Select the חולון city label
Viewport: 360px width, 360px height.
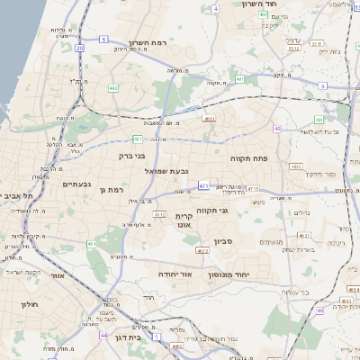(x=28, y=305)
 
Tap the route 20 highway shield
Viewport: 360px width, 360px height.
(x=79, y=48)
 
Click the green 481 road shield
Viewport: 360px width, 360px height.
(x=138, y=139)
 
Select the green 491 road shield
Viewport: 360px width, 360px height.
(x=239, y=79)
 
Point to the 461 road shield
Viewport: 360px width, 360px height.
(x=92, y=244)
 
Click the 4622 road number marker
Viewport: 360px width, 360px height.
(x=202, y=250)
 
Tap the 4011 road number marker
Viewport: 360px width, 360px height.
(x=209, y=117)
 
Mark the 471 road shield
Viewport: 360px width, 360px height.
(x=204, y=185)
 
